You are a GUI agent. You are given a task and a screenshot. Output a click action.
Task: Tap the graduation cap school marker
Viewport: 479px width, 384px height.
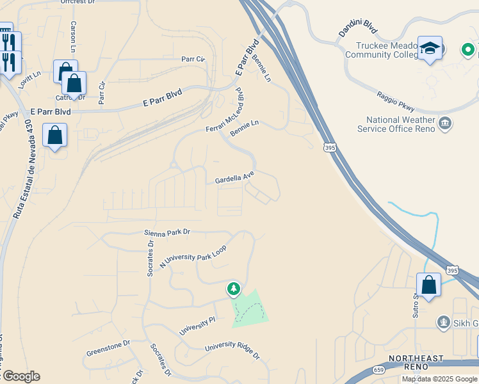430,49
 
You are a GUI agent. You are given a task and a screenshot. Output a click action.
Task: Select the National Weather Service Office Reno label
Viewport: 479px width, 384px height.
401,124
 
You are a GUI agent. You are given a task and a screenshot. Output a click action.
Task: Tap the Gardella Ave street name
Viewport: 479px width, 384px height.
234,177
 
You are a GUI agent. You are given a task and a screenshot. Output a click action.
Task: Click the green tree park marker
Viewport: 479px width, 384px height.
234,289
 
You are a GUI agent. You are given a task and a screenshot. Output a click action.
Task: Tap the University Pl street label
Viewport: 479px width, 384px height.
197,325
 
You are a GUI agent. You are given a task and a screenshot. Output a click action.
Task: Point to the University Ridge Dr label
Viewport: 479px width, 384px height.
232,351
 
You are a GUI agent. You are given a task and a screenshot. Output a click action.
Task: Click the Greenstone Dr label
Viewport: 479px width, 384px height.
108,348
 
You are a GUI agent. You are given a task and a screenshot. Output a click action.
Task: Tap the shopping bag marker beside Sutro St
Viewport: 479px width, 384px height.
428,285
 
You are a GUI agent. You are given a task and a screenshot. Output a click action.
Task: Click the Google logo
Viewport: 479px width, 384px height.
20,376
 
